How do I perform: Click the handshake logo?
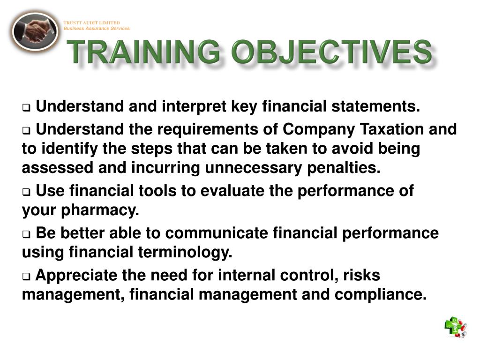(x=35, y=31)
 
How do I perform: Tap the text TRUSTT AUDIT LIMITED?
(x=92, y=23)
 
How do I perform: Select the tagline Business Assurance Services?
(x=97, y=29)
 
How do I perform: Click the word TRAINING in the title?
(x=143, y=52)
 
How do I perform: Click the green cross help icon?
(x=455, y=327)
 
